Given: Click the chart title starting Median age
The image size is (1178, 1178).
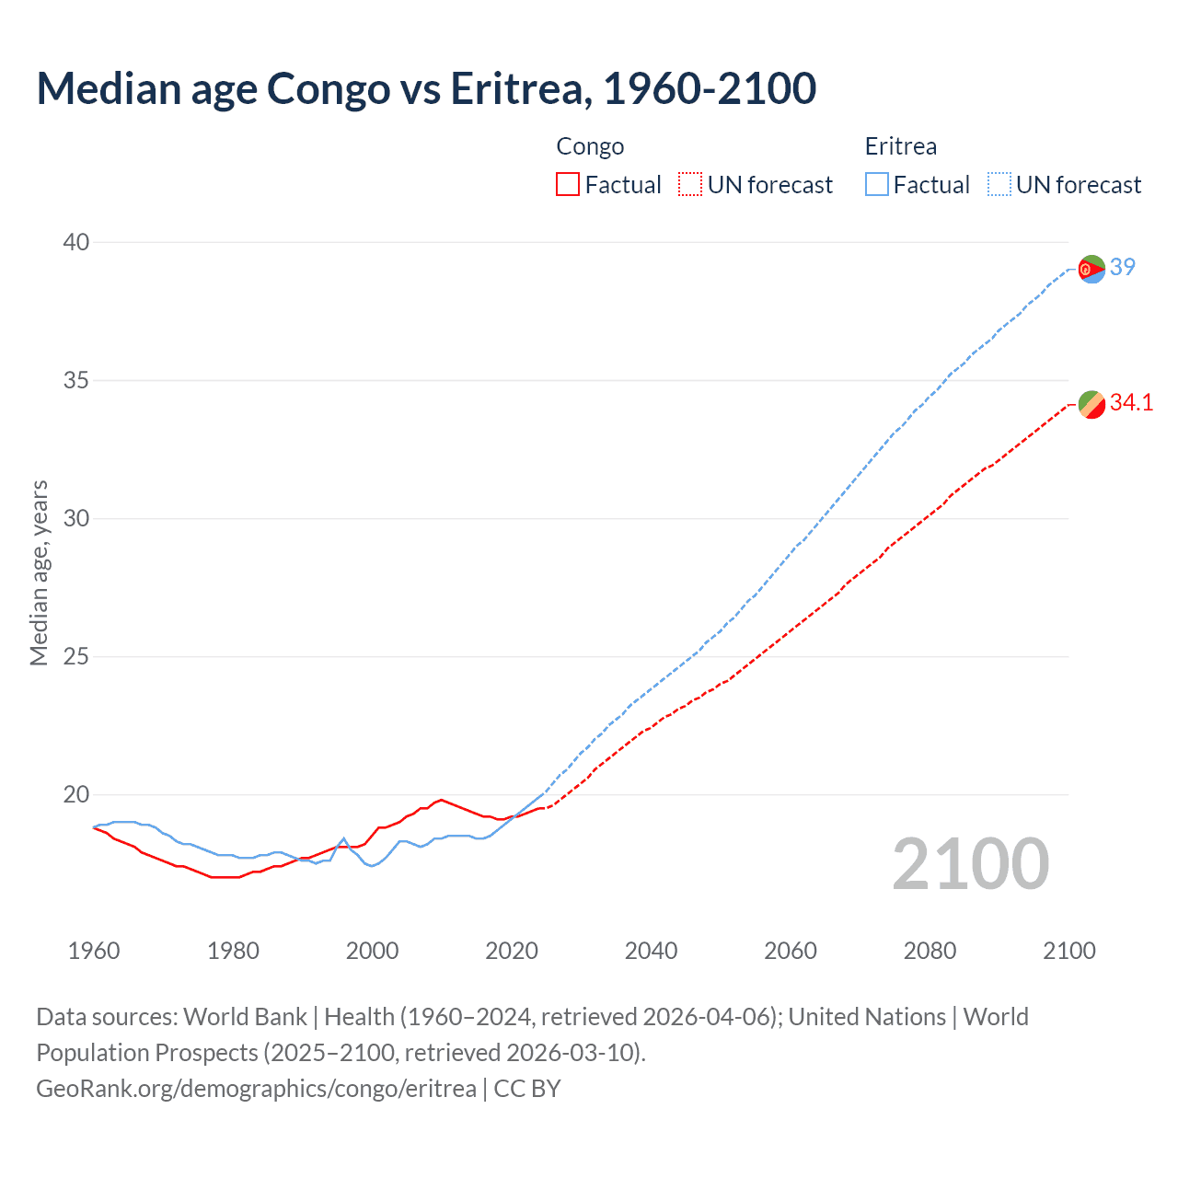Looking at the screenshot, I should pyautogui.click(x=426, y=88).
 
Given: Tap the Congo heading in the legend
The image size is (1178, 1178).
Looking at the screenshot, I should pyautogui.click(x=590, y=146).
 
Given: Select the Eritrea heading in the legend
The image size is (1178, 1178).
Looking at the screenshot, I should pyautogui.click(x=900, y=146).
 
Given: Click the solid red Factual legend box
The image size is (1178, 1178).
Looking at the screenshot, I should pyautogui.click(x=568, y=184).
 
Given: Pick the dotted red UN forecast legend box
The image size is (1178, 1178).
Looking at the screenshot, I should pyautogui.click(x=690, y=184).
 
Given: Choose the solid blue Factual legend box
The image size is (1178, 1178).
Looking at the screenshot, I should pyautogui.click(x=876, y=184).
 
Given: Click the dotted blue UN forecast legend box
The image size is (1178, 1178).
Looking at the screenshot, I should pyautogui.click(x=999, y=184).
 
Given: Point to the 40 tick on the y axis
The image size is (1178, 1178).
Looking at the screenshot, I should pyautogui.click(x=76, y=242).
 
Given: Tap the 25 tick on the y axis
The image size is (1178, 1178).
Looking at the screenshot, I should pyautogui.click(x=76, y=656).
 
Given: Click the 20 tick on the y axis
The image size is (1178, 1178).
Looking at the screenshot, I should pyautogui.click(x=76, y=794).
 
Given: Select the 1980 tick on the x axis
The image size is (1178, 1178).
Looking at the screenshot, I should pyautogui.click(x=233, y=951).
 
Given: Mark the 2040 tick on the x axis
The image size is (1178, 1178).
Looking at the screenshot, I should pyautogui.click(x=651, y=951).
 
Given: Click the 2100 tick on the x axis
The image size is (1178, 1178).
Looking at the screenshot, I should pyautogui.click(x=1068, y=951).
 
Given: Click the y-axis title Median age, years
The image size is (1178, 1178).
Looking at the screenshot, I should pyautogui.click(x=39, y=572).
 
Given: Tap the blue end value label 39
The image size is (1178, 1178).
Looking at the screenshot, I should pyautogui.click(x=1122, y=267).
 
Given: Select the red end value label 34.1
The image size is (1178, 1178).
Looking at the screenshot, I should pyautogui.click(x=1131, y=402).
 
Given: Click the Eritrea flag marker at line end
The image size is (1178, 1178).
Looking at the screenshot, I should pyautogui.click(x=1091, y=269).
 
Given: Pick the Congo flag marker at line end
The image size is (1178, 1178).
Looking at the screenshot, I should pyautogui.click(x=1091, y=404).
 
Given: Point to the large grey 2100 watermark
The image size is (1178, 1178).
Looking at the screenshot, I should pyautogui.click(x=970, y=863).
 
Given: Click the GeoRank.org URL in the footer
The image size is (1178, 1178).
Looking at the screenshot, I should pyautogui.click(x=256, y=1088).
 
